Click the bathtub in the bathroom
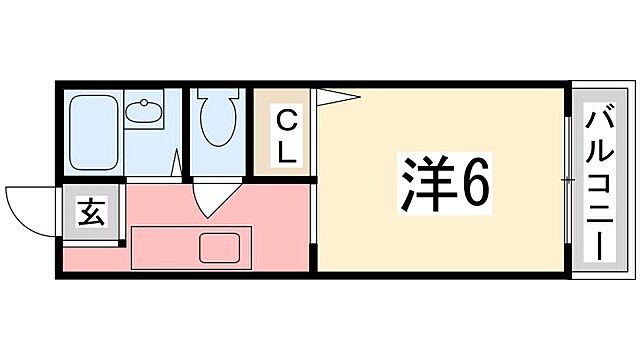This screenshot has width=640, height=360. pos(94,132)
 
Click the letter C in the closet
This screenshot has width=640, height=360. pos(286,123)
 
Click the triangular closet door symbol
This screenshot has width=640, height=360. pos(336,98)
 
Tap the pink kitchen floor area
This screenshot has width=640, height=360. pos(270,215)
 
